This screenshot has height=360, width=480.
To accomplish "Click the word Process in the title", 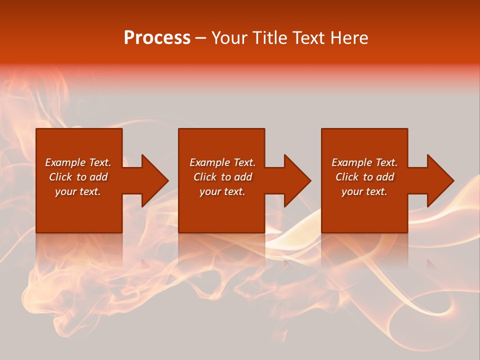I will tap(157, 38).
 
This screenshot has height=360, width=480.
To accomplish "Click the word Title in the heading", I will tap(270, 38).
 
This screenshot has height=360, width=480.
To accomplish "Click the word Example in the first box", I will tap(65, 162).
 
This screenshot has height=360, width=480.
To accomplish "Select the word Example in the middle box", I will tap(209, 162).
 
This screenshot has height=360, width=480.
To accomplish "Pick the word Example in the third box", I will tap(351, 162).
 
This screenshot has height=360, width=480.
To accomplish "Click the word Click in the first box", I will tap(60, 177).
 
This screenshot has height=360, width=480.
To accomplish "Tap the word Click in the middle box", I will tap(205, 177).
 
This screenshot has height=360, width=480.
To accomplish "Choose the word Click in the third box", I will tap(347, 177).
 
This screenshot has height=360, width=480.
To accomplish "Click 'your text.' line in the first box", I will tap(78, 191).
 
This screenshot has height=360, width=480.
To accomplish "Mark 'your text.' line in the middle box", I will tap(222, 191).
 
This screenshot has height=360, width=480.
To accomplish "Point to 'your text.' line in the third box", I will tap(364, 191).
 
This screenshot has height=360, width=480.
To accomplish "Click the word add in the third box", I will tap(385, 177).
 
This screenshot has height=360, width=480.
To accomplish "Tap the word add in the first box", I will tap(98, 177).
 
